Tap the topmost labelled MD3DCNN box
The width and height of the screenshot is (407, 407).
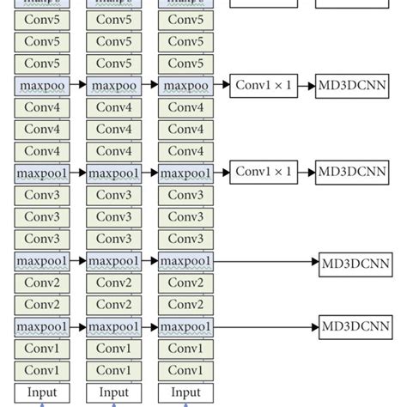(x=350, y=86)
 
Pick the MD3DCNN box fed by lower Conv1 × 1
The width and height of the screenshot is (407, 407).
(x=350, y=173)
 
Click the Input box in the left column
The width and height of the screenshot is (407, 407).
(x=42, y=392)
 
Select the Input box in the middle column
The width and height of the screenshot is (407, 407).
(x=114, y=392)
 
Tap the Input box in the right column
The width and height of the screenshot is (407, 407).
(x=185, y=392)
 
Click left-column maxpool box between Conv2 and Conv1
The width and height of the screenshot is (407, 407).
(x=42, y=326)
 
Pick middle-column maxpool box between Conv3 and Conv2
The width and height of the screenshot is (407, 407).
(x=114, y=260)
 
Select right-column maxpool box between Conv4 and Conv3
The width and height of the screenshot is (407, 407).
(x=185, y=173)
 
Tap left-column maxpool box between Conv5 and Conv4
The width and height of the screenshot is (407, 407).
(x=42, y=86)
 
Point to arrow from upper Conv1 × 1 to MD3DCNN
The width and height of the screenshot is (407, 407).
(x=305, y=86)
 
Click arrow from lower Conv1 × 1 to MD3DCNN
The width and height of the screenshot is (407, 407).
(x=305, y=173)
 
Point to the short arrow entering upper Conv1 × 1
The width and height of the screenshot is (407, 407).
(x=221, y=86)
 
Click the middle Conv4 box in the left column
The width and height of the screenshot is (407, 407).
(x=42, y=130)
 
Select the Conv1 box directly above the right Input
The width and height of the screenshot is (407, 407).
(x=185, y=370)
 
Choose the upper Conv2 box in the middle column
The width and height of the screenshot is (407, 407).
(x=114, y=282)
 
